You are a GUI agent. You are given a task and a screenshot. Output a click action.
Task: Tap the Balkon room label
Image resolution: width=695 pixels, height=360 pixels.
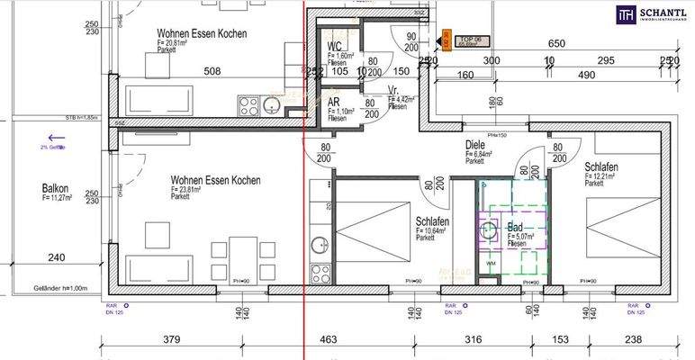[x=55, y=189]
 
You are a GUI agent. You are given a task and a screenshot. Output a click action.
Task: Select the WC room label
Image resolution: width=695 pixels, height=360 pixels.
[x=334, y=46]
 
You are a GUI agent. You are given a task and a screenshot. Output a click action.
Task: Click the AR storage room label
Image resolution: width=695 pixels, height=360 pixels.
[x=333, y=103]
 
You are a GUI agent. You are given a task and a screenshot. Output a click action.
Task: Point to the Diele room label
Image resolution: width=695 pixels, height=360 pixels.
[x=475, y=144]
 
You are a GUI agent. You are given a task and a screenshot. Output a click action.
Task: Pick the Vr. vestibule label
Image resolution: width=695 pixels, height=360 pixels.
[x=393, y=90]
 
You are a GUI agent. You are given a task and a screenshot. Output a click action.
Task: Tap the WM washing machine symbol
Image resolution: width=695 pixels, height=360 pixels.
[x=489, y=262]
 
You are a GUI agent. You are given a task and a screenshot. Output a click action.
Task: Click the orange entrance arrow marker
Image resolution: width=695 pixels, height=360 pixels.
[x=444, y=40]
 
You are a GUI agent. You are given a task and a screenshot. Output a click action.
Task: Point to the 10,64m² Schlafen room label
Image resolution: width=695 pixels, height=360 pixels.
[x=432, y=222]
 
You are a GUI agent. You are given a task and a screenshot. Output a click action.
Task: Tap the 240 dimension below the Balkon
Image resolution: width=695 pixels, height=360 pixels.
[x=56, y=257]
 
